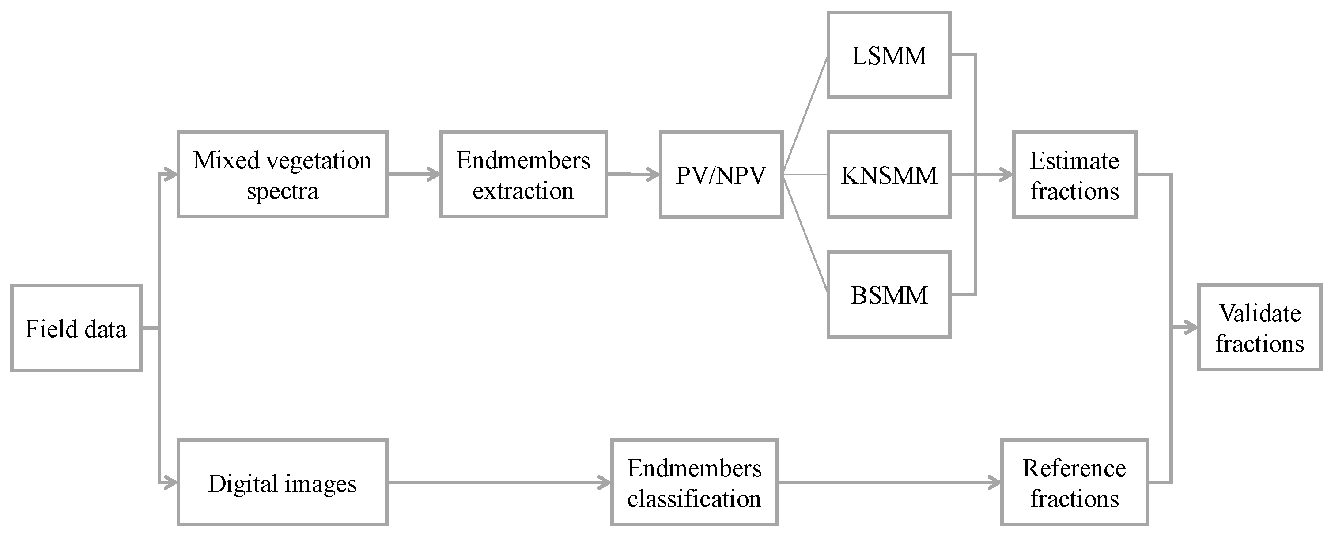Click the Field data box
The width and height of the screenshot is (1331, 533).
pyautogui.click(x=76, y=328)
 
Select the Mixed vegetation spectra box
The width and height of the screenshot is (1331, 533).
pyautogui.click(x=282, y=174)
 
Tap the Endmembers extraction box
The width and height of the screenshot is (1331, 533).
pyautogui.click(x=523, y=174)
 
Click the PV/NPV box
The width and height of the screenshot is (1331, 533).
pyautogui.click(x=721, y=175)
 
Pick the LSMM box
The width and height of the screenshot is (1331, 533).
pyautogui.click(x=889, y=55)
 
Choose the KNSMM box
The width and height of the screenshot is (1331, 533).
pyautogui.click(x=889, y=175)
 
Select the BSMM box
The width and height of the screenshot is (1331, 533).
pyautogui.click(x=889, y=295)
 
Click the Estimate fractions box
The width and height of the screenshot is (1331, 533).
pyautogui.click(x=1074, y=175)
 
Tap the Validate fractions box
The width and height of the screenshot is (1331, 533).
pyautogui.click(x=1259, y=327)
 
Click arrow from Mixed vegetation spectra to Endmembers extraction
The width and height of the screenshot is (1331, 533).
pyautogui.click(x=413, y=174)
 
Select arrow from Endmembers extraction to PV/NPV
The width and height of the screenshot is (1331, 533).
pyautogui.click(x=633, y=175)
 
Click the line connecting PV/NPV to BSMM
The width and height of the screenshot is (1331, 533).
pyautogui.click(x=805, y=234)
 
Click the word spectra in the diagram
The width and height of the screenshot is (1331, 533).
pyautogui.click(x=282, y=191)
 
